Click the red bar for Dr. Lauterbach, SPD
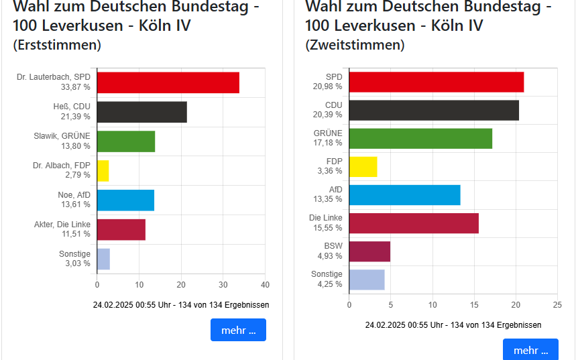pyautogui.click(x=168, y=82)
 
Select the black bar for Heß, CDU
pyautogui.click(x=142, y=112)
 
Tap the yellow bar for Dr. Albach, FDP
pyautogui.click(x=103, y=171)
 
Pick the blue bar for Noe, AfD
pyautogui.click(x=126, y=200)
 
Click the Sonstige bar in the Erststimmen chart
pyautogui.click(x=104, y=259)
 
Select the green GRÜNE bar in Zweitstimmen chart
pyautogui.click(x=421, y=138)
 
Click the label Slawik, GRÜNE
pyautogui.click(x=62, y=136)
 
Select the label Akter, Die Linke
pyautogui.click(x=62, y=224)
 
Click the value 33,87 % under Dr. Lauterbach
pyautogui.click(x=75, y=87)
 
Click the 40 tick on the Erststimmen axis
pyautogui.click(x=265, y=284)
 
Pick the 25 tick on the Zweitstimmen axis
pyautogui.click(x=557, y=304)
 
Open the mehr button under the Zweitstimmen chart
pyautogui.click(x=530, y=349)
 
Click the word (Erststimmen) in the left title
pyautogui.click(x=57, y=45)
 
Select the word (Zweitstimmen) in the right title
pyautogui.click(x=355, y=45)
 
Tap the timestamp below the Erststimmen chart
pyautogui.click(x=181, y=304)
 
